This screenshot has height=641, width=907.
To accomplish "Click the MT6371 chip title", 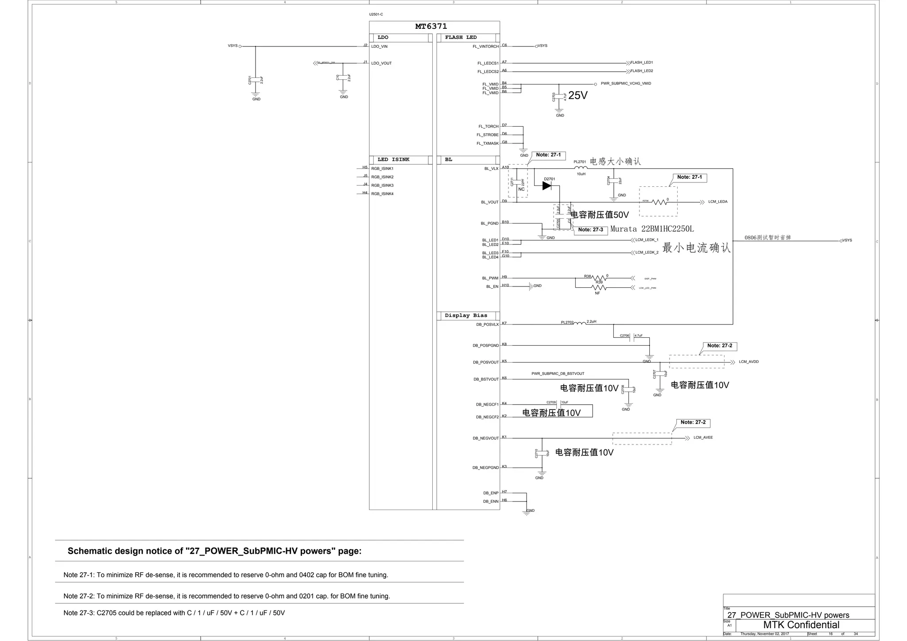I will coord(431,27).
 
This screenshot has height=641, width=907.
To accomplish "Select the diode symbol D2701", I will coord(547,186).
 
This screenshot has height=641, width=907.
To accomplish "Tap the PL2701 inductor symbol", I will coord(581,168).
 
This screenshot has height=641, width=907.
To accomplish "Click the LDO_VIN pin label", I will coord(379,46).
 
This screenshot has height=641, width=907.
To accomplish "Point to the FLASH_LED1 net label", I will coord(641,63).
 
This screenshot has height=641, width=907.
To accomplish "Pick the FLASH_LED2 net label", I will coord(641,71).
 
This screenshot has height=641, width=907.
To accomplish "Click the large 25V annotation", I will coord(578,96).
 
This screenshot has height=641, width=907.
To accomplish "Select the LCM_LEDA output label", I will coord(717,202).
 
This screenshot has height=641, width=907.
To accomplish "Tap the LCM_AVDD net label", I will coord(748,362).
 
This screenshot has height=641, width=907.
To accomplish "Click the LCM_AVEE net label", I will coord(703,438).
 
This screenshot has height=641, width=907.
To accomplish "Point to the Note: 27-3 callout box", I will coord(590,230).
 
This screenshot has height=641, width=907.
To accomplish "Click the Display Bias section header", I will coord(466,316).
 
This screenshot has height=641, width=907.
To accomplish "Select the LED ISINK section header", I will coord(393,160).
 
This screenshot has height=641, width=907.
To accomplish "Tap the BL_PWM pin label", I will coord(490,278).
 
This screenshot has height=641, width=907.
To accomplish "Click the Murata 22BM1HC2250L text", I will coord(652,229).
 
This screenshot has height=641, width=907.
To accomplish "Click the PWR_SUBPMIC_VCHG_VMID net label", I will coord(625,84).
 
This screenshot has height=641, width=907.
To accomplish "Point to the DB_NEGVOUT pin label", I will coord(485,438).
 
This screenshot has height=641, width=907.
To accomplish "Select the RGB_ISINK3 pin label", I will coord(382,185).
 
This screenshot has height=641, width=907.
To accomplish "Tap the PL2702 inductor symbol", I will coord(580,323).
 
